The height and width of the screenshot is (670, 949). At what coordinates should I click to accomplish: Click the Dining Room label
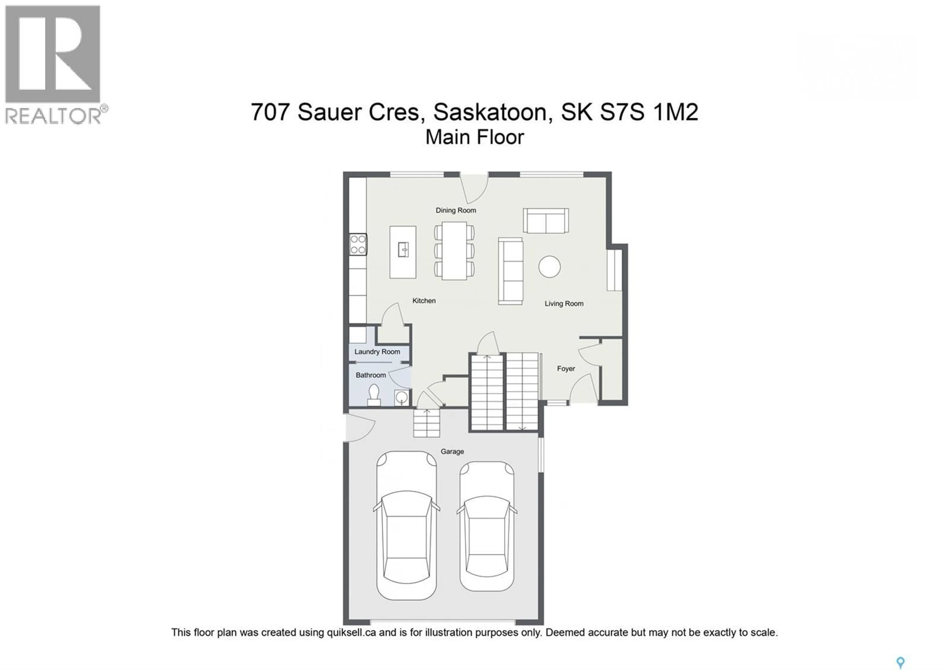455,210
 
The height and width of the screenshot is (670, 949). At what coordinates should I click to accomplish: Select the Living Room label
564,304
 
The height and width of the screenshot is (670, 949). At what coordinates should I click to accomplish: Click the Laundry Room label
377,352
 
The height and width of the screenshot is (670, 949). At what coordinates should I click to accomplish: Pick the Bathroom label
370,375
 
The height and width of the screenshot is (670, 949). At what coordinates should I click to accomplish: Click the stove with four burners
358,244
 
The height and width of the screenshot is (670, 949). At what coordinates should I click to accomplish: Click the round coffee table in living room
549,266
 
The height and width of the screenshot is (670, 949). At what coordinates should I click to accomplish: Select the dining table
454,251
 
